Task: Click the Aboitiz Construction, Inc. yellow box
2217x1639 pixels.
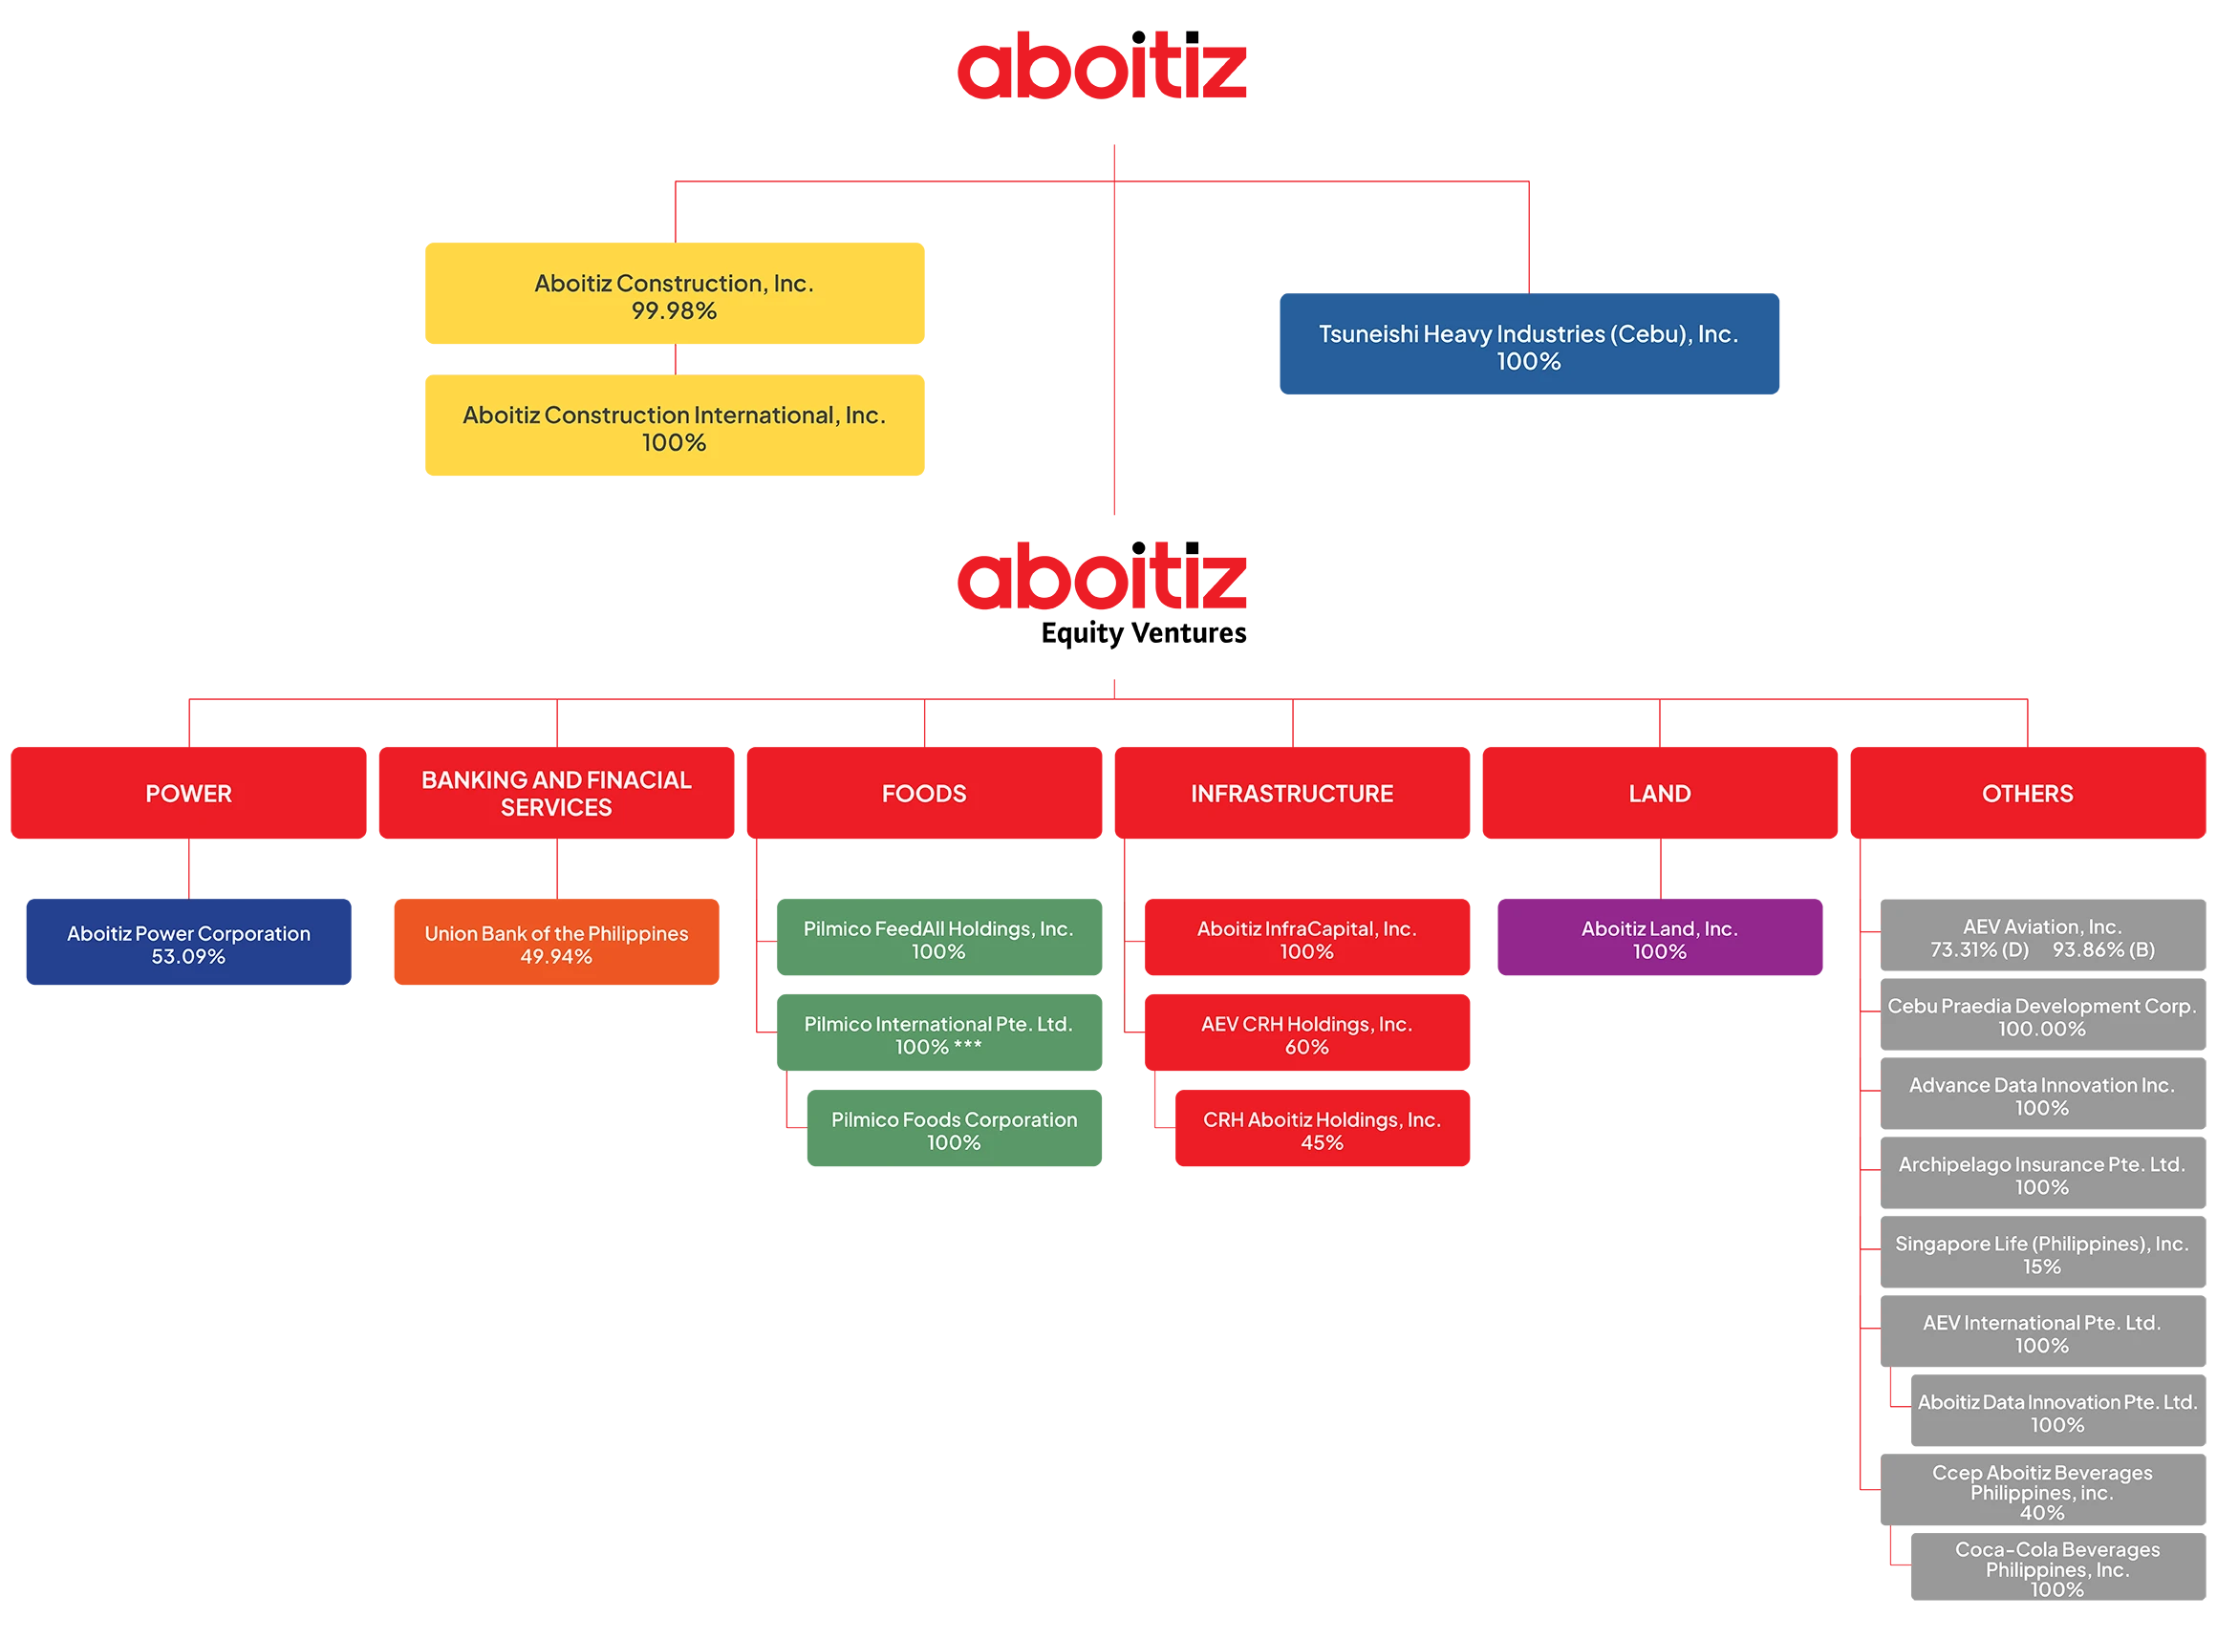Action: coord(674,292)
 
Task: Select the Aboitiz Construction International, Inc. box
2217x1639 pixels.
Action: coord(674,425)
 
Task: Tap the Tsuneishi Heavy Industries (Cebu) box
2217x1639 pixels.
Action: coord(1528,343)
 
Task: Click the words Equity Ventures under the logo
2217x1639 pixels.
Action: coord(1143,633)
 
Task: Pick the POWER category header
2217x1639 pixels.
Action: coord(188,793)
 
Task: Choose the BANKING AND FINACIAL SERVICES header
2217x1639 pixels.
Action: coord(556,793)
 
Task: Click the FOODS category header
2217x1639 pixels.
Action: coord(924,793)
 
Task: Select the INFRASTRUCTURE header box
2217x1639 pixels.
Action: coord(1292,793)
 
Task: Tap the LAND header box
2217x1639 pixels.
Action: coord(1659,793)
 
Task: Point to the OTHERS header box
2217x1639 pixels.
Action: coord(2028,793)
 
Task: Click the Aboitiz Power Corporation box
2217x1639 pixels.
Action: coord(188,942)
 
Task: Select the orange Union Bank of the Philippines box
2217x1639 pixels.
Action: coord(556,942)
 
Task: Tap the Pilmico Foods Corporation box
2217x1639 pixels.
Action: coord(954,1128)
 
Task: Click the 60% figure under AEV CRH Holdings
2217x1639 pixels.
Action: coord(1306,1047)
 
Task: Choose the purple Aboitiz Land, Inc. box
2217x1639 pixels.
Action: coord(1659,937)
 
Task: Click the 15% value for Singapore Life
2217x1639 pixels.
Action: coord(2041,1266)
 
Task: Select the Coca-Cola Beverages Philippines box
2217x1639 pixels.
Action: coord(2057,1566)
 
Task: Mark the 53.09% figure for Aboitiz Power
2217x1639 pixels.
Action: coord(188,956)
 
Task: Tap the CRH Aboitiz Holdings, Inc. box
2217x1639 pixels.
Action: coord(1322,1128)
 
